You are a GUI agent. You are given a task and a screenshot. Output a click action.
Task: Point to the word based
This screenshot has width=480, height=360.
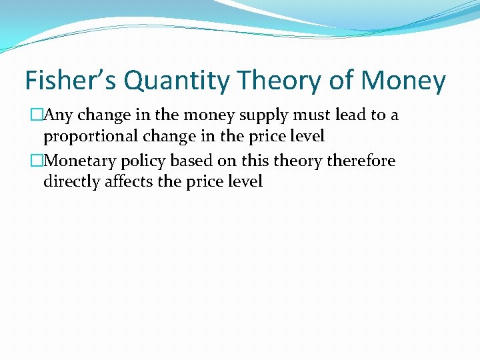[x=196, y=161]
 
